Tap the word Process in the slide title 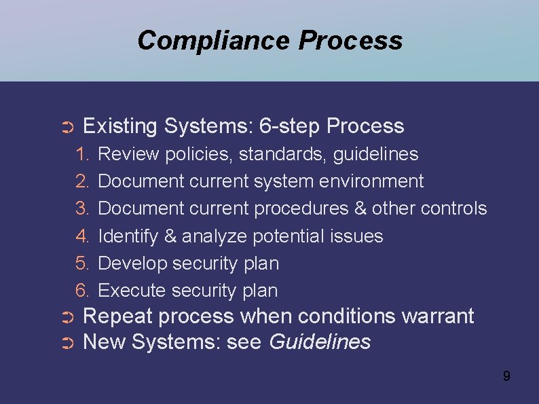click(350, 41)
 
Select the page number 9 click(506, 375)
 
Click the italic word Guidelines click(320, 342)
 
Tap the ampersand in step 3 click(360, 208)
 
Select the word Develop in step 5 click(133, 263)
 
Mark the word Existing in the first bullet click(120, 126)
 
